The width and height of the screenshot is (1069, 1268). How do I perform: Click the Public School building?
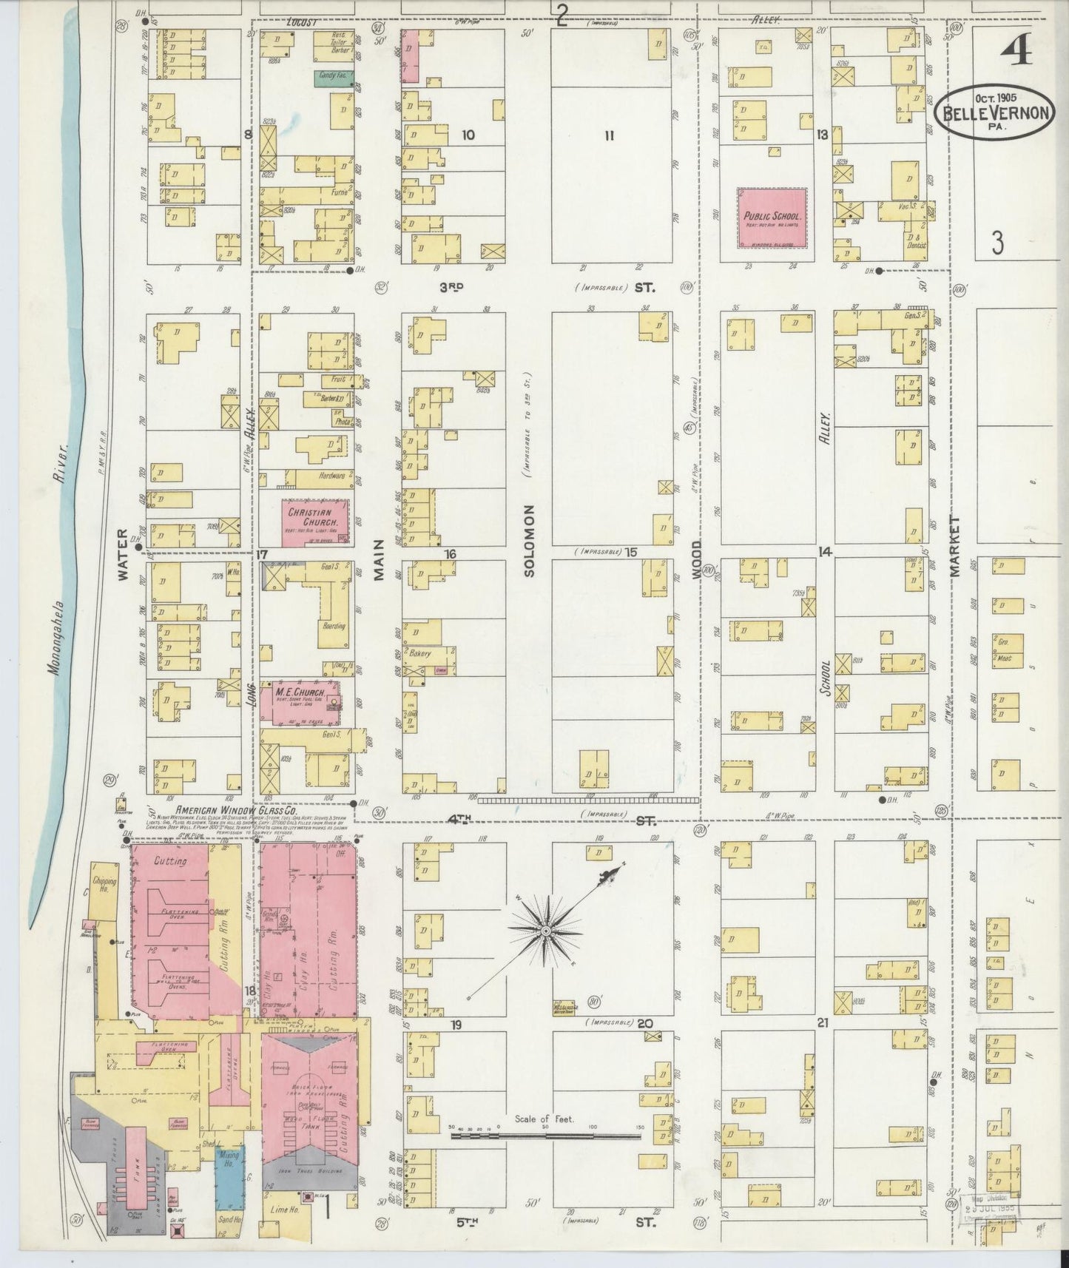772,217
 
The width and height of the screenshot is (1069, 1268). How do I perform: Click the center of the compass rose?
545,930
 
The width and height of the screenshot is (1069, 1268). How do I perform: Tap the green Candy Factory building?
334,76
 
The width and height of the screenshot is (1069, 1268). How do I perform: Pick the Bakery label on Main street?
422,653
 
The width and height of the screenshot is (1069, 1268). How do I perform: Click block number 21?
822,1024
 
